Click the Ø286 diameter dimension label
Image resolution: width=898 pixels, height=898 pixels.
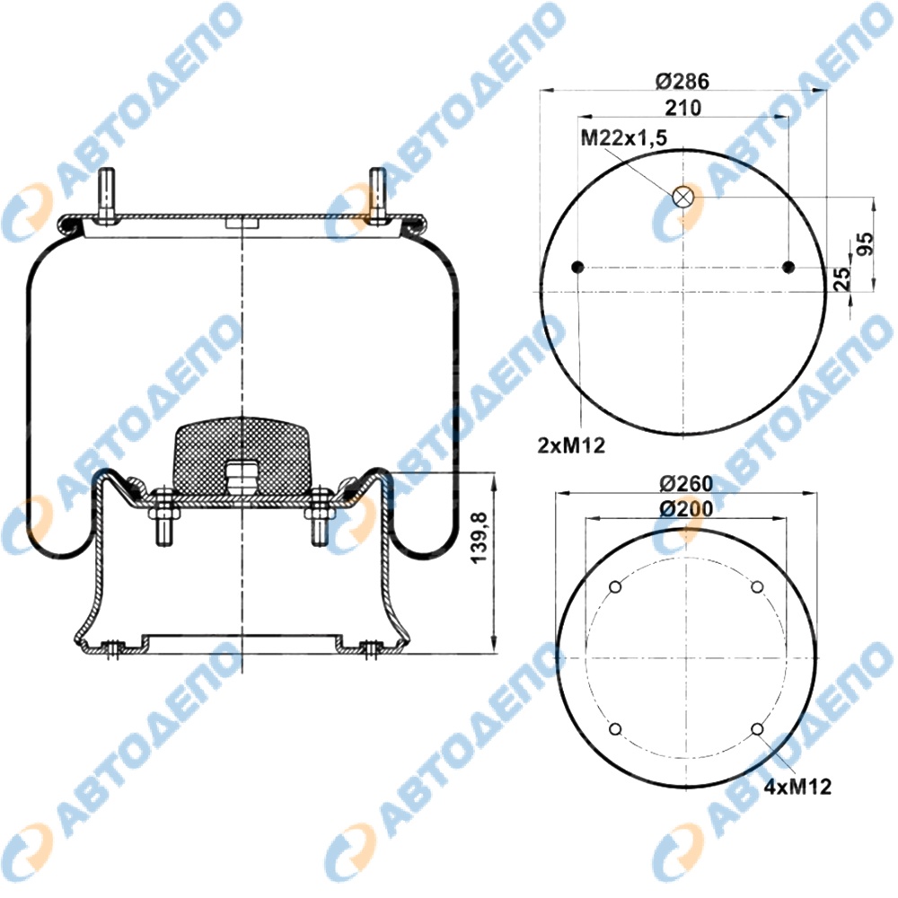coord(682,82)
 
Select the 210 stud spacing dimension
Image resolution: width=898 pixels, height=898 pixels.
coord(683,108)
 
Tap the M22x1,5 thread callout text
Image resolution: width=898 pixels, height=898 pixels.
coord(624,138)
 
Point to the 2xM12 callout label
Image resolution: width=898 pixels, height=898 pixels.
coord(571,445)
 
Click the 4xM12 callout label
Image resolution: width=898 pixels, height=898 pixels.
coord(797,787)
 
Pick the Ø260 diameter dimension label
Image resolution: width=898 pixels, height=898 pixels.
coord(686,484)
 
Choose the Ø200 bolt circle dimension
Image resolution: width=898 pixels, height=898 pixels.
coord(686,508)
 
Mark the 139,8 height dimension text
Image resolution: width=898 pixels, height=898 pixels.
coord(479,537)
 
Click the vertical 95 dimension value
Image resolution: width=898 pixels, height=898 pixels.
coord(866,243)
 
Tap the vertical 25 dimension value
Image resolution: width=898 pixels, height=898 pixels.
coord(842,279)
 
